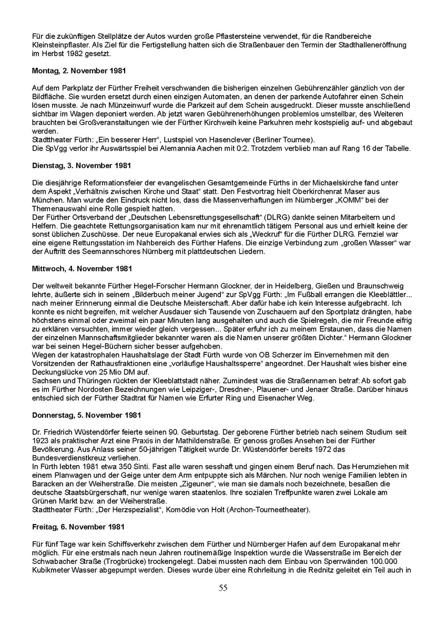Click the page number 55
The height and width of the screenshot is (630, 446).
tap(223, 588)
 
